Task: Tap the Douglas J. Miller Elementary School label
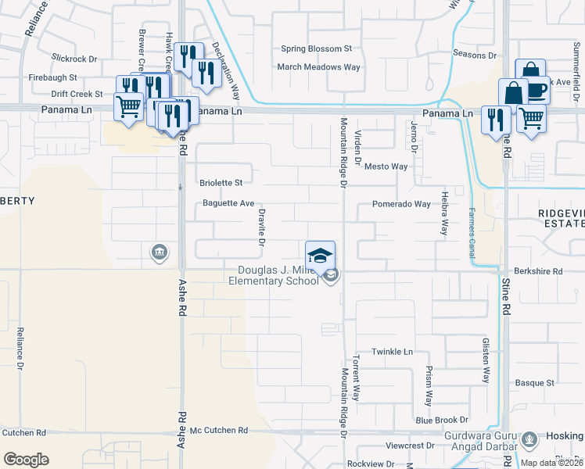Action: pos(278,276)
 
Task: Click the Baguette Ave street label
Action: pos(228,203)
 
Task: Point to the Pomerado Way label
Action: pos(401,204)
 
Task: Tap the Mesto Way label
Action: pos(386,166)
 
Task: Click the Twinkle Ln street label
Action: pos(392,352)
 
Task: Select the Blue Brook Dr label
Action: pos(442,420)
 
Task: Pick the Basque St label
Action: pos(534,383)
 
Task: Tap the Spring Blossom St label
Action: pos(318,48)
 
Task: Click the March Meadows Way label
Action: pos(319,67)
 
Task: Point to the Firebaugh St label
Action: pos(53,78)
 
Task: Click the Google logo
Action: pos(26,459)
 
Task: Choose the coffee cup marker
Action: pos(537,90)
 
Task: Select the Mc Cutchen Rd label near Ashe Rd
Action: pos(219,431)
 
